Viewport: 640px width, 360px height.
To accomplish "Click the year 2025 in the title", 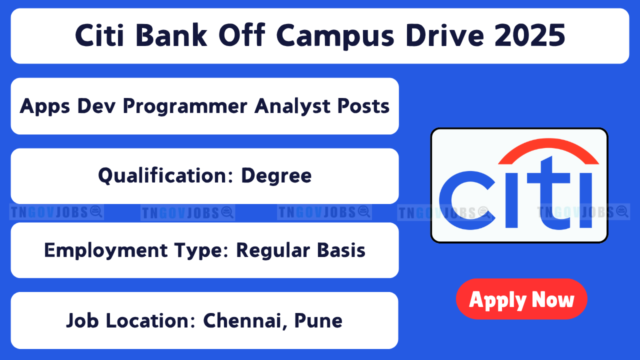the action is click(x=530, y=35).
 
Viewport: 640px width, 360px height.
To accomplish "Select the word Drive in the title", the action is click(x=445, y=35).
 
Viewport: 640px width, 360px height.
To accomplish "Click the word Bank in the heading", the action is click(x=171, y=35).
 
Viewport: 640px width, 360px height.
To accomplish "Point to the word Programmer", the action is click(x=185, y=107).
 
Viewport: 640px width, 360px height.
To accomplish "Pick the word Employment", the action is click(x=105, y=251).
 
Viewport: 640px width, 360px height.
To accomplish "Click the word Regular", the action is click(x=273, y=251).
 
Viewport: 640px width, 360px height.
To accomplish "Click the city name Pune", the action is click(x=318, y=320).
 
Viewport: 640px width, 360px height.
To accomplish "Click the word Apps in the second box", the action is click(x=44, y=107).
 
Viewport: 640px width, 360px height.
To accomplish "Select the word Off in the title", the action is click(x=242, y=35).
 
